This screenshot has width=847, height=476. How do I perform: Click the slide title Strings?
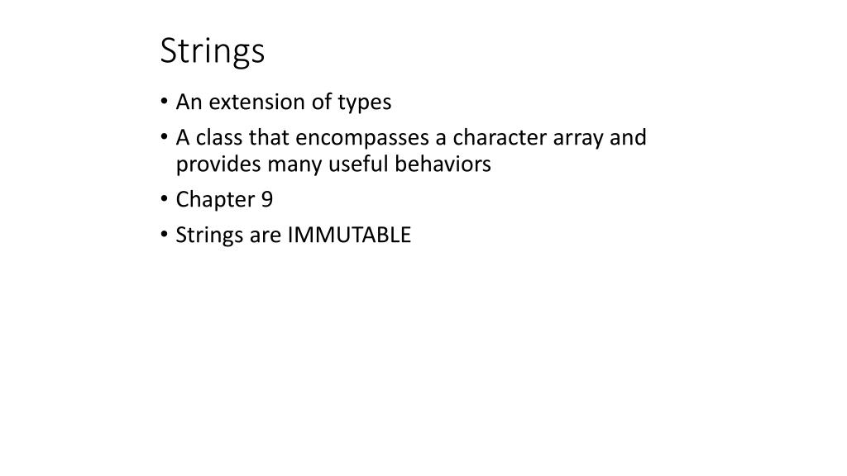(212, 51)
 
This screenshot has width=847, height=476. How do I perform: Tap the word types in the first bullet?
(364, 103)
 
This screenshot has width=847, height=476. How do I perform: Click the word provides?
(218, 165)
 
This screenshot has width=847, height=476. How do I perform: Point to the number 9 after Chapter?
(267, 200)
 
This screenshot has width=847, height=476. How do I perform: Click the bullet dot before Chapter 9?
(165, 201)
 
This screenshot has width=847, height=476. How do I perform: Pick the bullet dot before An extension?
(165, 103)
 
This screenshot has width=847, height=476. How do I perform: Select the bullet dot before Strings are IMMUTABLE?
(165, 236)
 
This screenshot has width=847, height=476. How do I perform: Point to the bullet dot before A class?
(165, 138)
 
